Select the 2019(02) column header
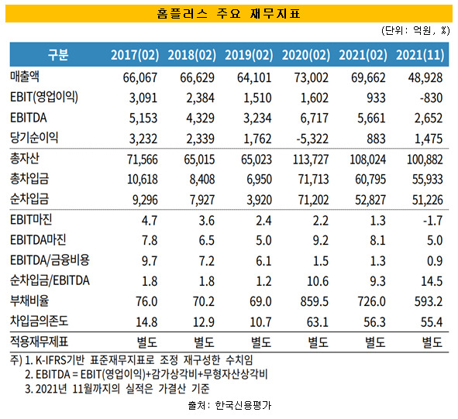coord(253,54)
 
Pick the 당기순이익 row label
coord(34,137)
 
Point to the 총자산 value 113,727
coord(308,160)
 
